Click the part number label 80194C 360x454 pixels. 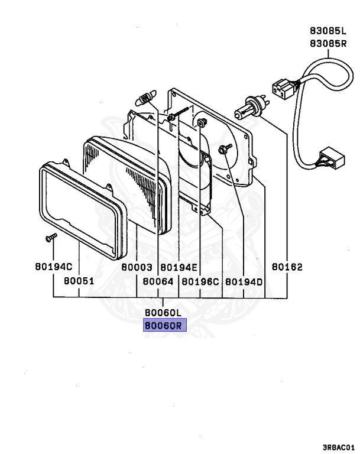54,267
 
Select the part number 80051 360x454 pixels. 79,282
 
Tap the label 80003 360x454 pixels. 137,267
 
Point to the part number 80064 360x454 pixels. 158,282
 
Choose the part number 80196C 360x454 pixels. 200,282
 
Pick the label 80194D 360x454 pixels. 244,282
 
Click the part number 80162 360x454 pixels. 287,267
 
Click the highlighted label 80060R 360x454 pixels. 164,325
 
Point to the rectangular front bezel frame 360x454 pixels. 83,210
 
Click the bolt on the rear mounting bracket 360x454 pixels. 225,150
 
